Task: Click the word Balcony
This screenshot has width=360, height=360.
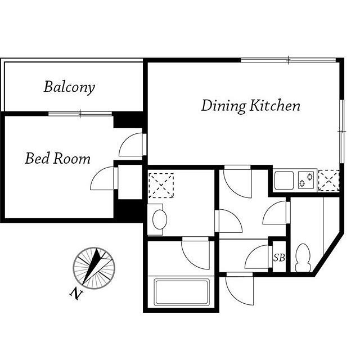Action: click(x=69, y=87)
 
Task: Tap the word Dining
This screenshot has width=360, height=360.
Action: click(x=224, y=106)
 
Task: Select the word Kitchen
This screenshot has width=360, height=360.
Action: click(x=275, y=105)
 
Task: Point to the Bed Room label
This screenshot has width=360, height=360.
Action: click(x=57, y=158)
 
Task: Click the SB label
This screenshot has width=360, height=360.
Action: click(x=279, y=258)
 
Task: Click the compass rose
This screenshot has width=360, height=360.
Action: click(x=94, y=268)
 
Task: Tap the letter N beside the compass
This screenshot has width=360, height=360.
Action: click(x=76, y=294)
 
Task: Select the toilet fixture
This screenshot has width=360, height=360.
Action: click(x=303, y=258)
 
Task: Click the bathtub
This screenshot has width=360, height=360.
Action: click(x=182, y=292)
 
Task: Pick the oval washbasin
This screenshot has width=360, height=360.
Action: click(x=160, y=219)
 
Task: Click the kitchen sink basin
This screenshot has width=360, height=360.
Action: click(x=284, y=180)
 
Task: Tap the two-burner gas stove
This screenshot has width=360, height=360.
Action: click(x=306, y=180)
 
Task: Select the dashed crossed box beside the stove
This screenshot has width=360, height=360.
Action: click(x=328, y=181)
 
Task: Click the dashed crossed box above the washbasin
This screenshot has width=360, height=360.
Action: click(x=161, y=186)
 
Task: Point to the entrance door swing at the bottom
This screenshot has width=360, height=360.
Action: click(x=240, y=289)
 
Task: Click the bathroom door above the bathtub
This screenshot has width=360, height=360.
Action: click(x=196, y=253)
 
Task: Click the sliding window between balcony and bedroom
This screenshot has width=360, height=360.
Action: click(x=80, y=114)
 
